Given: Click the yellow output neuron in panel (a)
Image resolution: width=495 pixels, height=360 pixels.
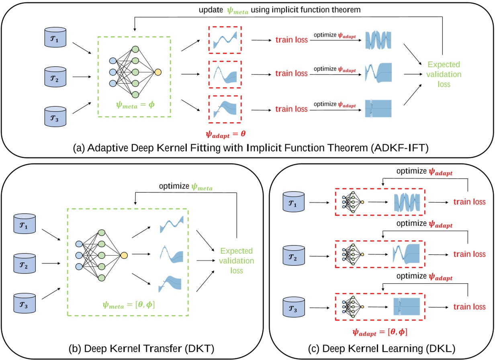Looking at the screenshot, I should coord(158,72).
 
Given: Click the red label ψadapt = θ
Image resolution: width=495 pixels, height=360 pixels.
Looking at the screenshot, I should coord(224,130).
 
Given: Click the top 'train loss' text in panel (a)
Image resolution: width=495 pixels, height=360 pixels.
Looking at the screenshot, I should coord(291,41).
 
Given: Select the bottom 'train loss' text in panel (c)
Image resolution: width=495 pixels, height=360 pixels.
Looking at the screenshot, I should coord(470,307).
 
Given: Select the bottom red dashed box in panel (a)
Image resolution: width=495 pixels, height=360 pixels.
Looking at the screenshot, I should coord(225,108).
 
